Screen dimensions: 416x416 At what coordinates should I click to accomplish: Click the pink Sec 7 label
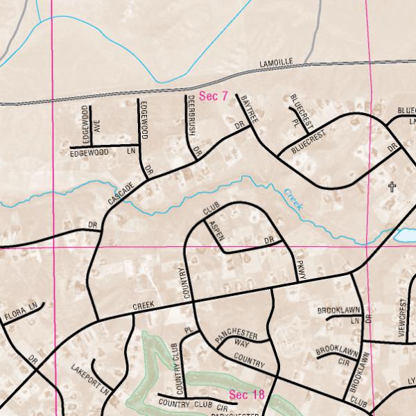213,96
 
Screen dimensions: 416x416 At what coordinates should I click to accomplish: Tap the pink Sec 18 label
247,395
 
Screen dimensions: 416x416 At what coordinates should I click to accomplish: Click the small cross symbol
392,187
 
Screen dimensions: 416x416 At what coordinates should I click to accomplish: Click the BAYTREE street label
248,110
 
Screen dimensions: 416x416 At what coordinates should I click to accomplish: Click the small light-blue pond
405,236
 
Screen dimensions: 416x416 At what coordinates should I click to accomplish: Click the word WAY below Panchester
241,343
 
